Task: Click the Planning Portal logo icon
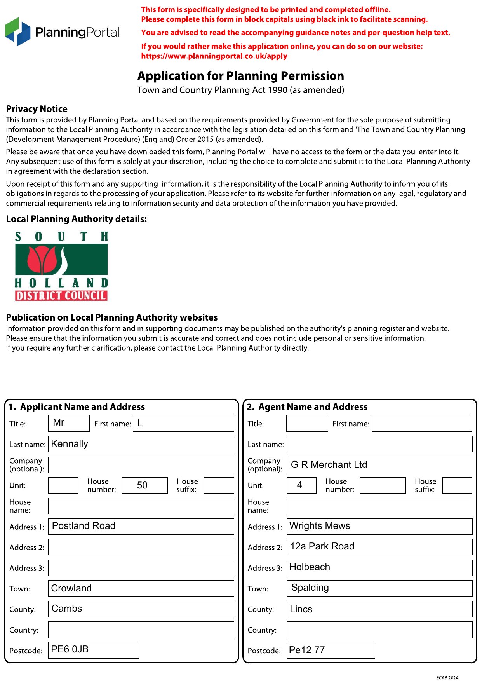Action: tap(18, 31)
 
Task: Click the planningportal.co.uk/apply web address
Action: tap(214, 56)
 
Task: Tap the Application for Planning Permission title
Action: tap(240, 76)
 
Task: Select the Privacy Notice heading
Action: tap(37, 109)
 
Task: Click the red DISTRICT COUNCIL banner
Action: tap(61, 296)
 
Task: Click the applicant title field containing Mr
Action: tap(69, 423)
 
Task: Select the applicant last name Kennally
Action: tap(141, 444)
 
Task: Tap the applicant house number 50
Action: tap(144, 485)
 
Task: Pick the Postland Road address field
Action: tap(141, 526)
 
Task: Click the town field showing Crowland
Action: tap(141, 588)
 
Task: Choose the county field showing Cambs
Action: tap(141, 609)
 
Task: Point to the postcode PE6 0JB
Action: tap(93, 650)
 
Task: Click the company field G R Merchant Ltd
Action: tap(379, 465)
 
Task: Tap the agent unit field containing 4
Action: tap(301, 485)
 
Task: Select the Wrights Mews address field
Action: tap(379, 526)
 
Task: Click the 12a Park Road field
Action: tap(379, 547)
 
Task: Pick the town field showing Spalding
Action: tap(379, 588)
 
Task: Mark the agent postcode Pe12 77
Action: tap(331, 650)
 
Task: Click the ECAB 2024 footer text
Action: tap(447, 678)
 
